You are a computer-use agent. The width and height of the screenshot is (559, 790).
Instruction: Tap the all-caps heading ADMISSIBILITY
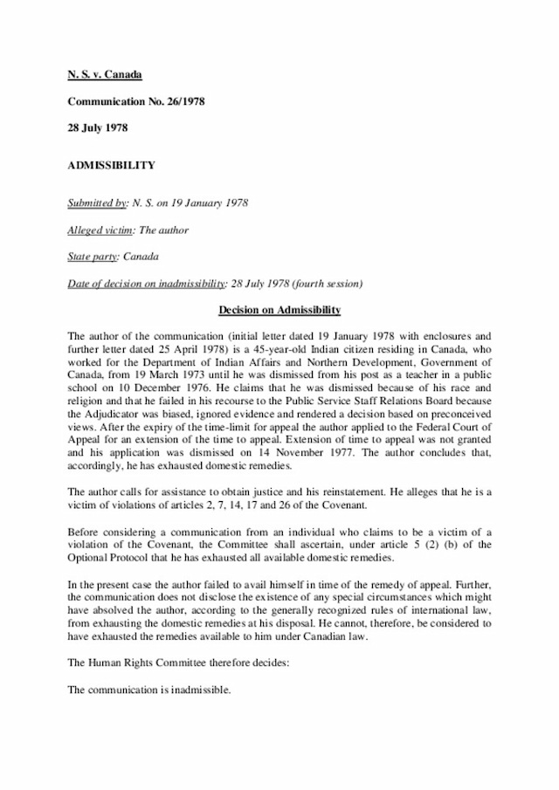(x=112, y=164)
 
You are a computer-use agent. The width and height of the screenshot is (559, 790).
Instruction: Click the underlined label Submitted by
(x=97, y=203)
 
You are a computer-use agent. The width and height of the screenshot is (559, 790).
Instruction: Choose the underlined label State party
(x=93, y=257)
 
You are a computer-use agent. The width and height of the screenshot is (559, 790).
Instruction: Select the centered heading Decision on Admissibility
(x=279, y=310)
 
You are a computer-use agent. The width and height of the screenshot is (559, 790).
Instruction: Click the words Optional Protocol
(x=110, y=557)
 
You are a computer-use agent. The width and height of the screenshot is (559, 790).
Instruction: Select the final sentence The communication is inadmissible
(x=149, y=689)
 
